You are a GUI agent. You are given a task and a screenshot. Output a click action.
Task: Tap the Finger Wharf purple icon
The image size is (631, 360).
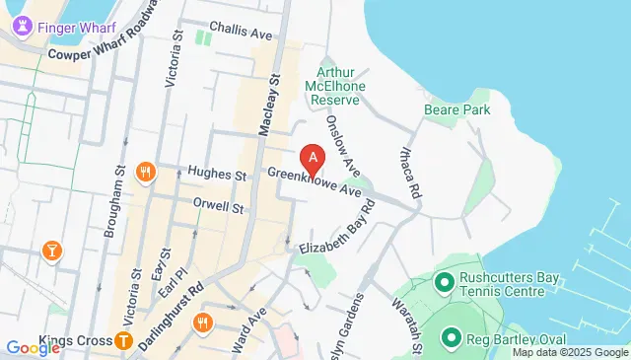click(22, 28)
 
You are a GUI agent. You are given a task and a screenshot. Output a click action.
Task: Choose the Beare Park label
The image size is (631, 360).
click(456, 110)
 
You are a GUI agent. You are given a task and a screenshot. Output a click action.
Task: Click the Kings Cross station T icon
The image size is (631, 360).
click(124, 342)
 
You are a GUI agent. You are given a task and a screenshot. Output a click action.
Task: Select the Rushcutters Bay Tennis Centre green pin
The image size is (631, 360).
click(445, 284)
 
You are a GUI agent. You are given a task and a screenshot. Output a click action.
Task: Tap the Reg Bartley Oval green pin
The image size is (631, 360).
click(453, 338)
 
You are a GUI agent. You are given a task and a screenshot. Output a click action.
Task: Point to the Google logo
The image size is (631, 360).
click(33, 347)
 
